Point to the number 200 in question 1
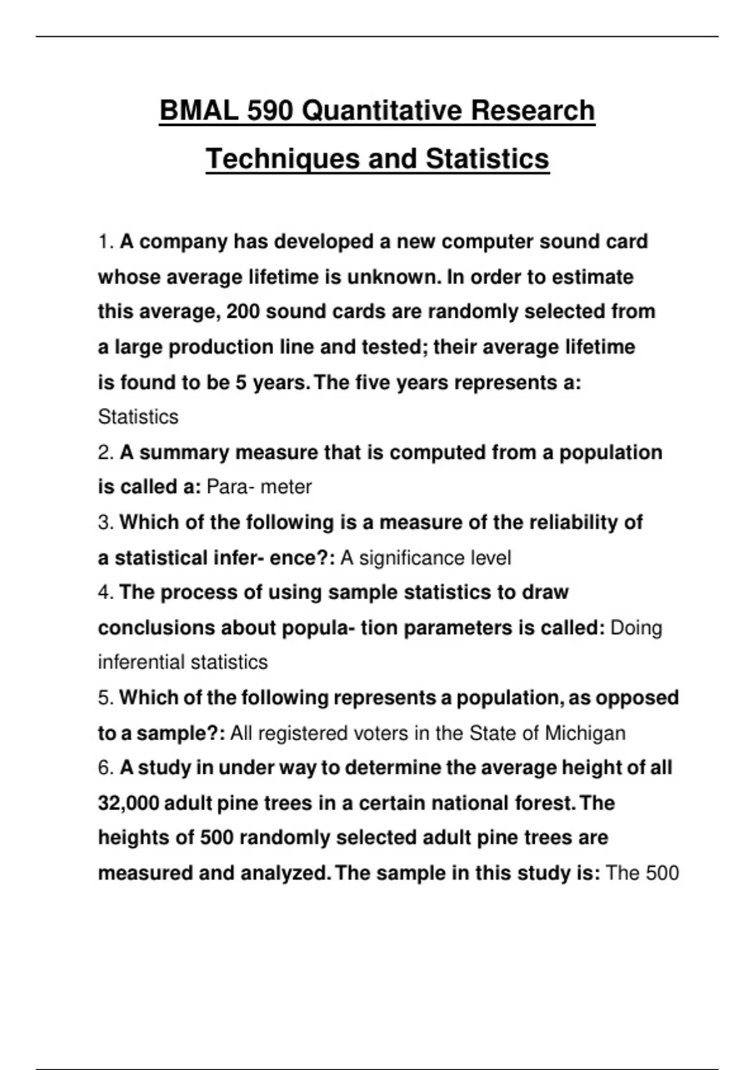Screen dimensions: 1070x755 243,312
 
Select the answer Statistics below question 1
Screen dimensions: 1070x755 138,417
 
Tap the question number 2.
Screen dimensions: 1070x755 106,453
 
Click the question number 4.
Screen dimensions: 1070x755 106,592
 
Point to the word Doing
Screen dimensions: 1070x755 636,628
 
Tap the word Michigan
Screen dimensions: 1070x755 585,733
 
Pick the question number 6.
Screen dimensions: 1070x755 106,768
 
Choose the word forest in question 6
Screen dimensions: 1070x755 542,803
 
